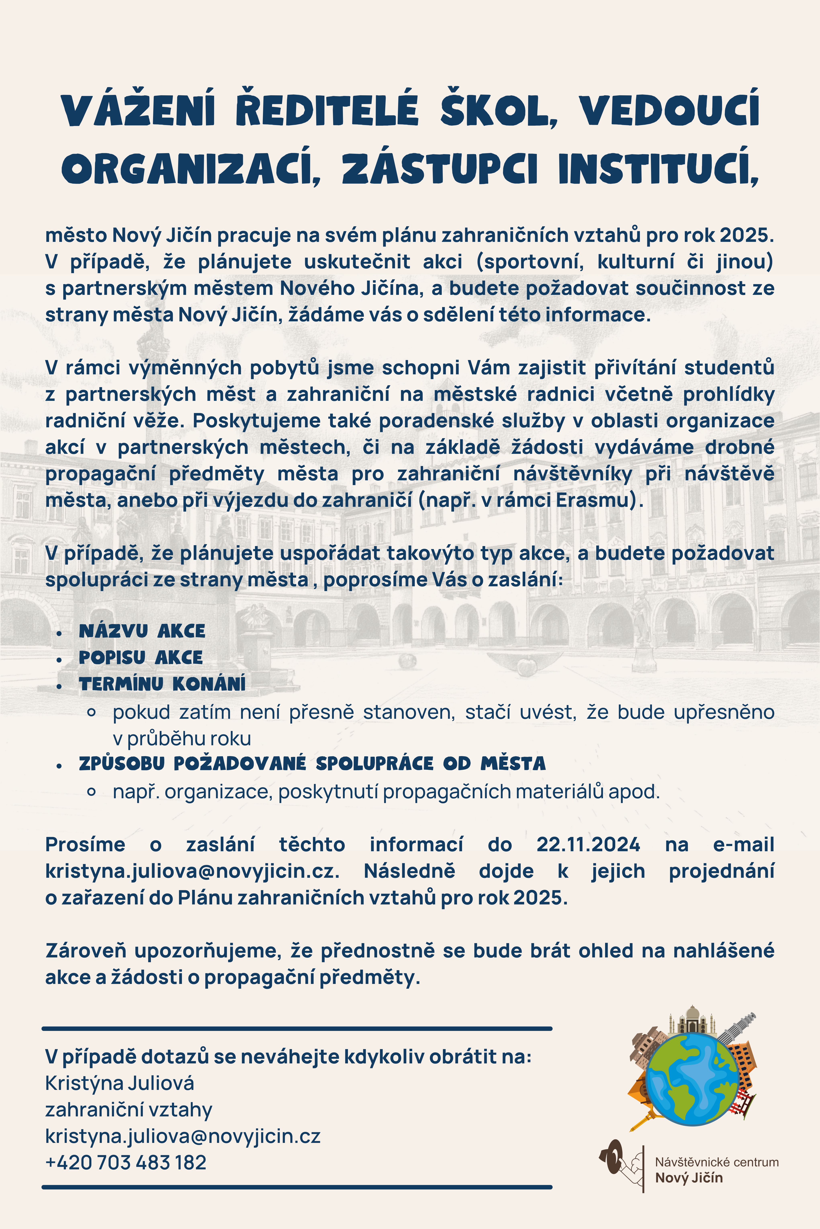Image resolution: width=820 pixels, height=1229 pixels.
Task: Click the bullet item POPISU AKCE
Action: [141, 657]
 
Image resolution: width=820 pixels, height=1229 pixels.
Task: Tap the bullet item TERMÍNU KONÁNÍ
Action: [162, 683]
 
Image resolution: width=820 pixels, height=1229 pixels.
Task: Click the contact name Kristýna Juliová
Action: [120, 1083]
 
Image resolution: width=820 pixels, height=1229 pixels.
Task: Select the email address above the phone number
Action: [183, 1136]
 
